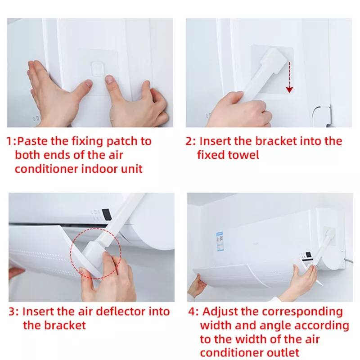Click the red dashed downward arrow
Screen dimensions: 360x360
(289, 77)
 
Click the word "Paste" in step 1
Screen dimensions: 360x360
(32, 141)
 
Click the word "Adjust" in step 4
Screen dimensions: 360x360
(220, 312)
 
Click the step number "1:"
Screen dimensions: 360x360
(11, 141)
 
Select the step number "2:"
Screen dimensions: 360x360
(190, 141)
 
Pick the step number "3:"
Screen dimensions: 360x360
(14, 312)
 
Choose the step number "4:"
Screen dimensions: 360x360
(193, 312)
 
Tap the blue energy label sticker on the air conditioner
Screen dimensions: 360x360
(220, 241)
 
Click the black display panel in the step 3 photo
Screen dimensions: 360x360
(107, 215)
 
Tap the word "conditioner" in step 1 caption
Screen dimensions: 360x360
(47, 169)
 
